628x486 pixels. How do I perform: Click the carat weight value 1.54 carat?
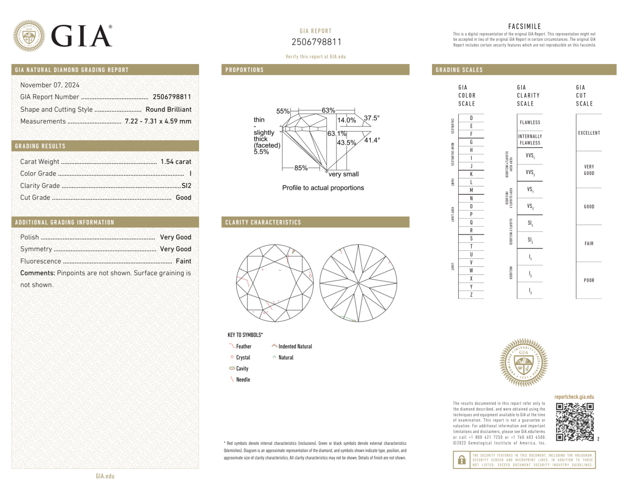point(175,162)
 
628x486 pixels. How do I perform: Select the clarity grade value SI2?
point(186,185)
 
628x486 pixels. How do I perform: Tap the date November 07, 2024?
point(50,85)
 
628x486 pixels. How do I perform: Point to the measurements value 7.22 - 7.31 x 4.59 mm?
point(158,121)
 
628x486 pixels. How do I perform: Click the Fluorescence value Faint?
point(183,261)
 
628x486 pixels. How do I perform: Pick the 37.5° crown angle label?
point(372,118)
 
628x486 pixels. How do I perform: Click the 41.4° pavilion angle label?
point(372,140)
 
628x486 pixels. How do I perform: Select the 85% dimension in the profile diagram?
point(301,168)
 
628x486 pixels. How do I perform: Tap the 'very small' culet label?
point(343,174)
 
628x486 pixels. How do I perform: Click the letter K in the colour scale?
point(471,174)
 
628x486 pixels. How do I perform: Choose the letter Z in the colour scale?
point(471,295)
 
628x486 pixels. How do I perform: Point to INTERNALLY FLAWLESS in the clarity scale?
point(530,139)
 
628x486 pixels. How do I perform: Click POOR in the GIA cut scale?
point(589,280)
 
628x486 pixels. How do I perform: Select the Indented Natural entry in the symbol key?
point(295,346)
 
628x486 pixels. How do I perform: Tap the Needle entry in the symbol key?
point(243,379)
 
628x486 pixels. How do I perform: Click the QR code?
point(574,422)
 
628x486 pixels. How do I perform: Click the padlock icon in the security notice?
point(461,460)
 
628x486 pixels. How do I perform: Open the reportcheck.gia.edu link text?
point(574,397)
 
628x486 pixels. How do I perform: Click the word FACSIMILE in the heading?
point(524,26)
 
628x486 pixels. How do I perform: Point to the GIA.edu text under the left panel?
point(105,476)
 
